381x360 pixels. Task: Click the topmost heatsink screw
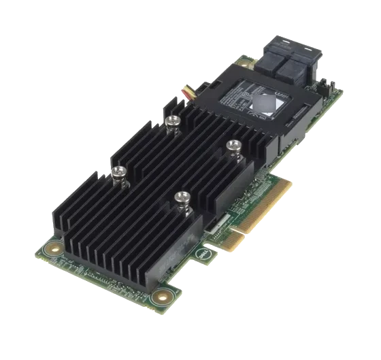(x=173, y=120)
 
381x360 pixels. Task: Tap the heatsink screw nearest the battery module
(x=234, y=144)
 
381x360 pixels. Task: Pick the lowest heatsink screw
(x=181, y=197)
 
